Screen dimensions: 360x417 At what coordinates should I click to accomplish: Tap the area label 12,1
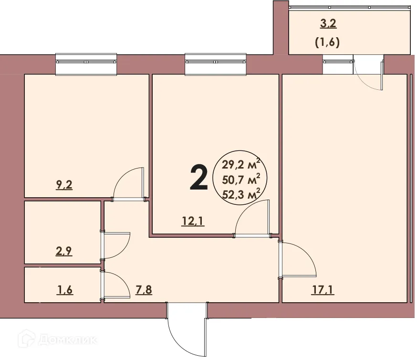point(193,221)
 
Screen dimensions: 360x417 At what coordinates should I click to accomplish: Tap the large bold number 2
point(198,177)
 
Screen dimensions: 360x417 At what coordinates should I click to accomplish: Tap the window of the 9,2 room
point(86,64)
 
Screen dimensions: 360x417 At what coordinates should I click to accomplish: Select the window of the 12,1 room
point(216,64)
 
